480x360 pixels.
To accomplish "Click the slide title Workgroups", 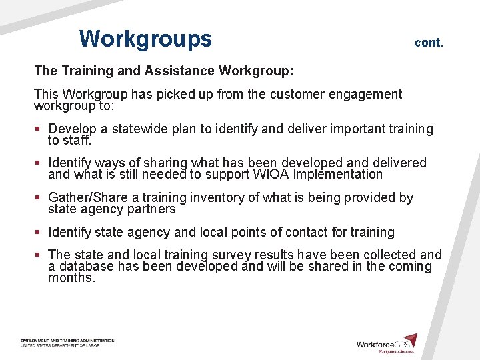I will [145, 39].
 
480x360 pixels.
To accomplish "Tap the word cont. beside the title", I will [429, 43].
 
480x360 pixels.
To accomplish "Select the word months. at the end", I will [71, 278].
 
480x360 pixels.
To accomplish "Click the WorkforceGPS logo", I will [387, 343].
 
